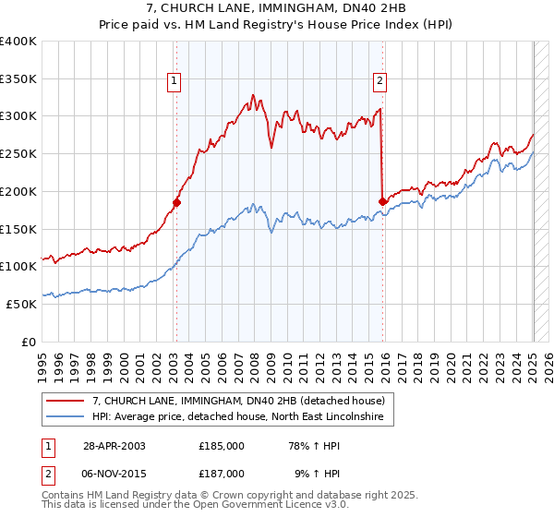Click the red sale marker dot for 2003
(176, 201)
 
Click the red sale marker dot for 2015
(382, 200)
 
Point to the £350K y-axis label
(18, 78)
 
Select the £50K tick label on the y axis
(21, 304)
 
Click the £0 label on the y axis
(30, 342)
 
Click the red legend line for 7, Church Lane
(66, 401)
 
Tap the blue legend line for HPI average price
(66, 417)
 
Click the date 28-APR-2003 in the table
(114, 445)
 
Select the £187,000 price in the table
(222, 473)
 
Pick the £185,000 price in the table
(222, 445)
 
